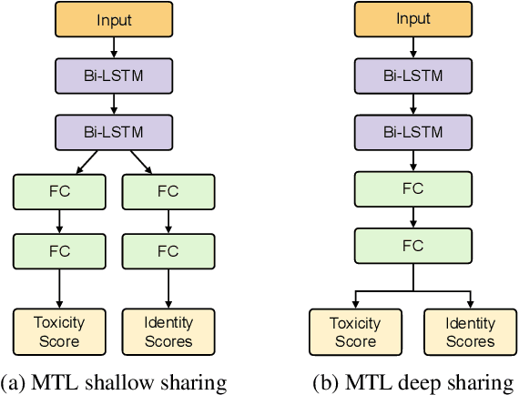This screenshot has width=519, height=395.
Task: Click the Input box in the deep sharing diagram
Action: (412, 19)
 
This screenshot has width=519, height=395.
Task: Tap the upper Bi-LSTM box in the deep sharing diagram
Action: (412, 76)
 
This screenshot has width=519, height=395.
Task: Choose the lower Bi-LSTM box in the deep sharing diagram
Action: (412, 132)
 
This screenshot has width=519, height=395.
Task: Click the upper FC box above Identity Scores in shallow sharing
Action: (168, 191)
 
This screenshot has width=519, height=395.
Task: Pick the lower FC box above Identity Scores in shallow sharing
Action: (168, 250)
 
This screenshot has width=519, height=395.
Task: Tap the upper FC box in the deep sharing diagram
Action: (412, 188)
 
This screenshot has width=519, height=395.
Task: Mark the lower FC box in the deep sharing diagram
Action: (412, 247)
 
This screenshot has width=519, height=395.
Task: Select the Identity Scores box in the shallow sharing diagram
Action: (168, 331)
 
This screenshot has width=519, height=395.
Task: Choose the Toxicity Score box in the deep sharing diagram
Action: (355, 331)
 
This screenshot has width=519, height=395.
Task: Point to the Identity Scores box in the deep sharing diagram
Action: (470, 331)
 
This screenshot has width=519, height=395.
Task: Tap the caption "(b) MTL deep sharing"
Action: (412, 380)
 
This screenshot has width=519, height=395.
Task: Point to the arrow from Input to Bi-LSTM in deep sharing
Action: (412, 47)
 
